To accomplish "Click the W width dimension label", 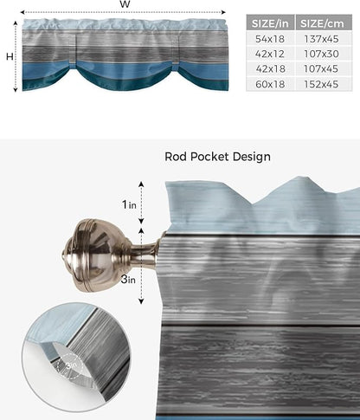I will coord(125,5).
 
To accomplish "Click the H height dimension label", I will coord(8,56).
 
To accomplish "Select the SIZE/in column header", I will coord(270,23).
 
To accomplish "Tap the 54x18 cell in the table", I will coord(270,41).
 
